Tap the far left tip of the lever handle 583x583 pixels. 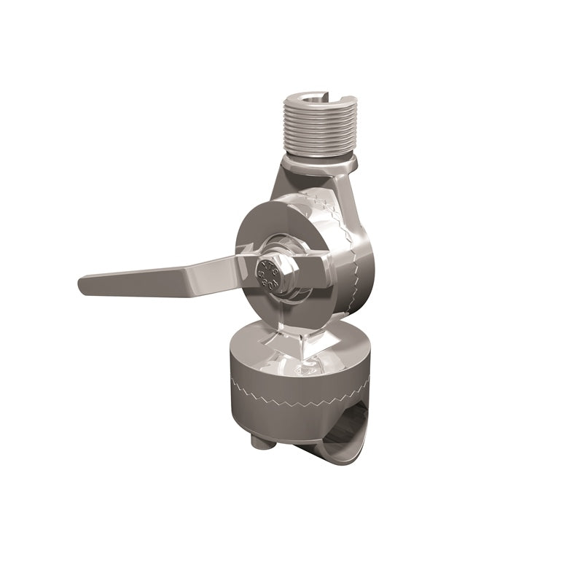click(82, 281)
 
